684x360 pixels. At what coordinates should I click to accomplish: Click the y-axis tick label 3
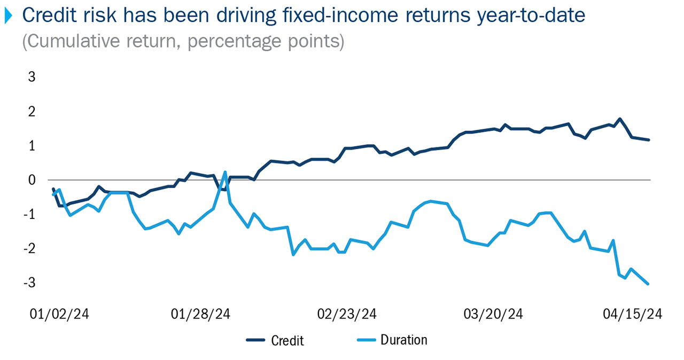[32, 77]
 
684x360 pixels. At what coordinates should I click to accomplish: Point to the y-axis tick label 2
[32, 112]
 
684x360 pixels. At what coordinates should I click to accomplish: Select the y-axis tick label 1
[32, 146]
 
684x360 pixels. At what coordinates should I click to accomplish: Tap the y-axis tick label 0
[32, 180]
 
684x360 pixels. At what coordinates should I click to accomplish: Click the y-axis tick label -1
[29, 214]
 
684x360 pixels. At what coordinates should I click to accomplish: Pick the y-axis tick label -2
[29, 248]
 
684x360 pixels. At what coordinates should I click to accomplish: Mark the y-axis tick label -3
[29, 283]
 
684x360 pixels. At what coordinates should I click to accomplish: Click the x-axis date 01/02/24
[59, 314]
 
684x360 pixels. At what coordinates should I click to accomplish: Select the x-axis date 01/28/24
[201, 314]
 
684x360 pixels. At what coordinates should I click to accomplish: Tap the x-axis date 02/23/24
[347, 314]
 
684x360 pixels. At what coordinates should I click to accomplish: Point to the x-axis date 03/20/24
[493, 314]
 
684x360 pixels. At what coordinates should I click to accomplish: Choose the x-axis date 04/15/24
[633, 314]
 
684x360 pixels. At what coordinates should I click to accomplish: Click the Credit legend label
[287, 340]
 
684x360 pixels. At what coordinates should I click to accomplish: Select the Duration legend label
[403, 340]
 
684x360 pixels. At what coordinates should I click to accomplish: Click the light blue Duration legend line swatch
[365, 340]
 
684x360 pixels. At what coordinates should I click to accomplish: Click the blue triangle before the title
[7, 17]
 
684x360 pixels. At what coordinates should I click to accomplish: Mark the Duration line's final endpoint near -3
[648, 284]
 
